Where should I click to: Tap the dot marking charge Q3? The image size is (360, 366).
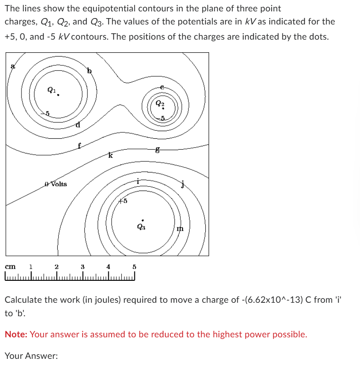pos(143,220)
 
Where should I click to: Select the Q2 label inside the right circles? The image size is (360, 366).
pos(159,102)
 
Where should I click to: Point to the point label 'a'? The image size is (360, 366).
pos(13,66)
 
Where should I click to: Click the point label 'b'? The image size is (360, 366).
pos(89,71)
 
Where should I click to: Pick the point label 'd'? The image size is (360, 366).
pos(78,125)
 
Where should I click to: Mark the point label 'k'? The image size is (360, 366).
pos(110,156)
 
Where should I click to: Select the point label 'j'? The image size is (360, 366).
pos(183,184)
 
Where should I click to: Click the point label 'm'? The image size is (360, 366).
pos(180,229)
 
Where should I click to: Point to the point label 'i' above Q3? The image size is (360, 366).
pos(138,181)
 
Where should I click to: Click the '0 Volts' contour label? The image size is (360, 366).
pos(56,184)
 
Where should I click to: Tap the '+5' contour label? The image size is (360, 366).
pos(123,201)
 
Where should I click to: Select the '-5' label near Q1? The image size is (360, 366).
pos(47,113)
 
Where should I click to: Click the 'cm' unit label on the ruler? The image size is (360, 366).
pos(10,266)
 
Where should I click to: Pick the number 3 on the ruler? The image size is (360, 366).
pos(83,266)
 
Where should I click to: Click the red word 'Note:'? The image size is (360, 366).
pos(16,334)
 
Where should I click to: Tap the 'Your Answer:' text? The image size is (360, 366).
pos(31,356)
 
